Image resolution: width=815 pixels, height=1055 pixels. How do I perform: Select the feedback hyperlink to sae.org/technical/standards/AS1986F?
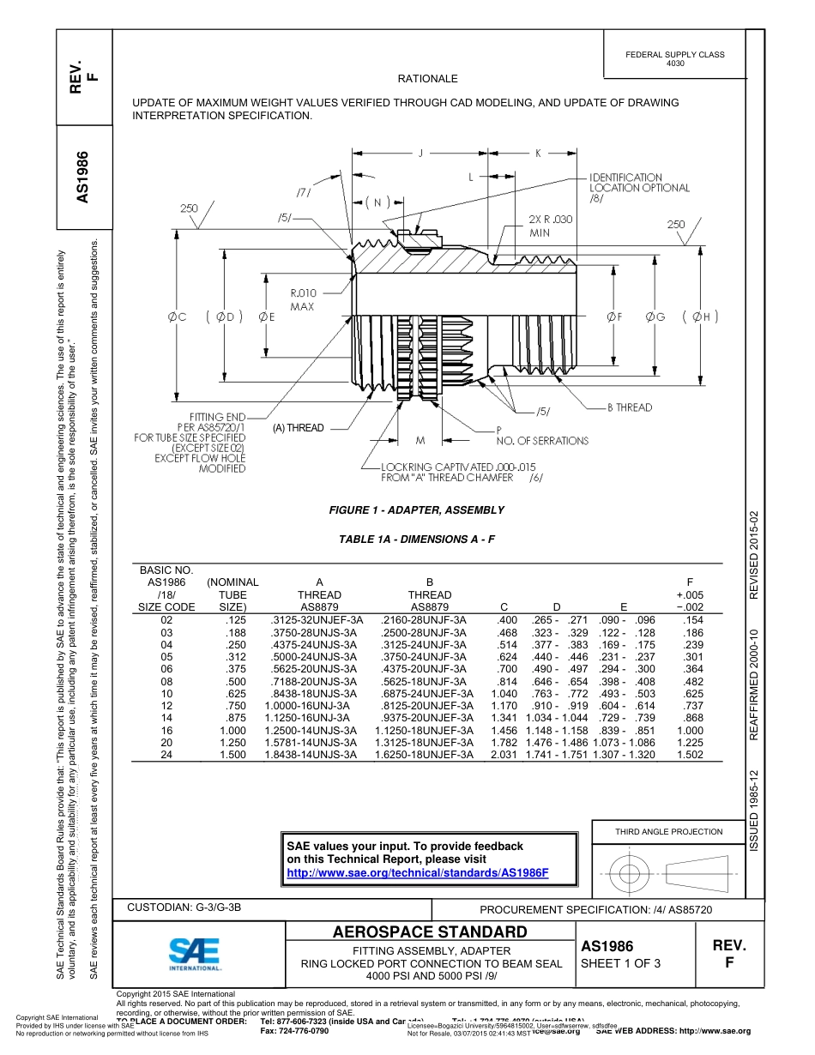[x=416, y=872]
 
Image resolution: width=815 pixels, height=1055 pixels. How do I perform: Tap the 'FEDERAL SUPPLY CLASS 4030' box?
[x=674, y=58]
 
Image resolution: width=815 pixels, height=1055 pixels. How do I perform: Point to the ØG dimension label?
[x=656, y=316]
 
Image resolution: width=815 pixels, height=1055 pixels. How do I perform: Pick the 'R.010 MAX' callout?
[x=302, y=299]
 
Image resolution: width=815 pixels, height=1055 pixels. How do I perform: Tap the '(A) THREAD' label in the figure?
[x=299, y=428]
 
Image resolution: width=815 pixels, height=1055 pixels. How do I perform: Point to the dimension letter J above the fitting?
[x=420, y=154]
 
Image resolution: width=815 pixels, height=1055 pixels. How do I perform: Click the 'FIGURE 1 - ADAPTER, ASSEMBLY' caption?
[x=417, y=510]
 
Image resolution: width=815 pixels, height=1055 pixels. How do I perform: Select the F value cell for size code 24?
[x=690, y=755]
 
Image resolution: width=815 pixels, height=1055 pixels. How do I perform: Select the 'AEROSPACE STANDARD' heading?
[x=430, y=932]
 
